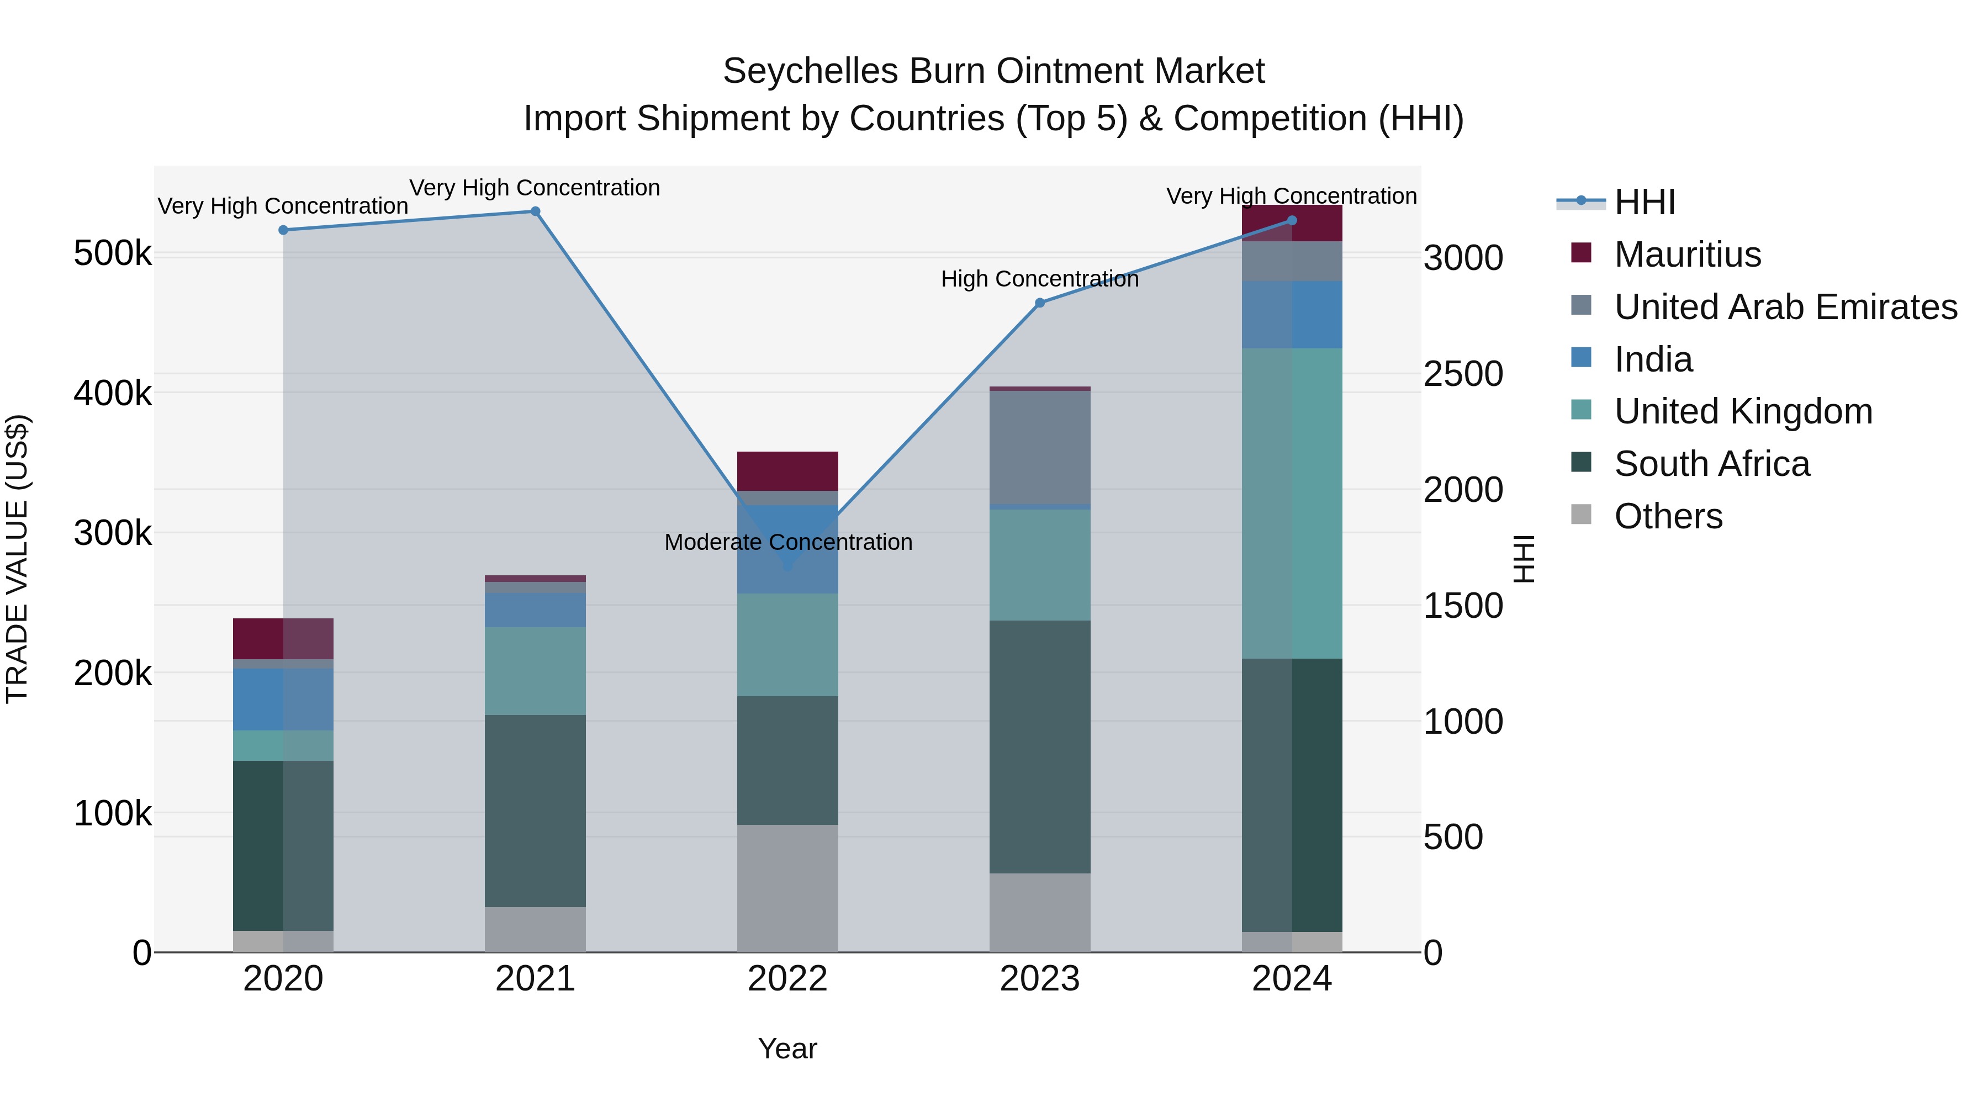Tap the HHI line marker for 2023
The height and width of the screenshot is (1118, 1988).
(x=1039, y=303)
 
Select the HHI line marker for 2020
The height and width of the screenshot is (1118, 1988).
(x=283, y=230)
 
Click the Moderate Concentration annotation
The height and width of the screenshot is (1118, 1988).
(x=788, y=542)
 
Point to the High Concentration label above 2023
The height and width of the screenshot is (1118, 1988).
(x=1039, y=279)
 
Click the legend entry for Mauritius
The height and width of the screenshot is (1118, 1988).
(x=1687, y=255)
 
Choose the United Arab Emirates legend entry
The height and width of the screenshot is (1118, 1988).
(x=1785, y=307)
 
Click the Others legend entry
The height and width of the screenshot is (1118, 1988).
(x=1668, y=516)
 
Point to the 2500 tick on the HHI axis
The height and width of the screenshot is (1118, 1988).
(x=1462, y=374)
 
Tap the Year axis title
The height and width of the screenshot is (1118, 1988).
(x=787, y=1048)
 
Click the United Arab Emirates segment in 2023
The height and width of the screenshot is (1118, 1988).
(x=1039, y=448)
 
